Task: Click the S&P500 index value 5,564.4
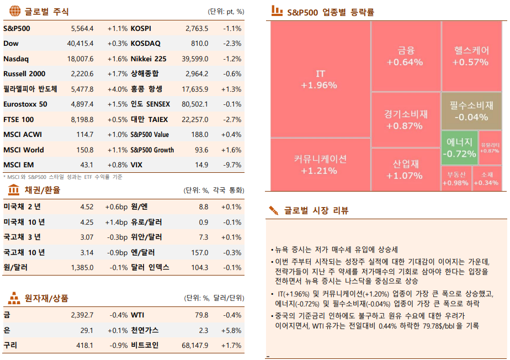pyautogui.click(x=82, y=28)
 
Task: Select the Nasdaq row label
pyautogui.click(x=16, y=59)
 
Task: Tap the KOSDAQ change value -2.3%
pyautogui.click(x=232, y=44)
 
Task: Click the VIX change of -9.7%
pyautogui.click(x=232, y=165)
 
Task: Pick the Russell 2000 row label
pyautogui.click(x=24, y=74)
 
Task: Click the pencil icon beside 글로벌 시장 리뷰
pyautogui.click(x=274, y=210)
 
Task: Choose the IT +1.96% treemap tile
pyautogui.click(x=320, y=80)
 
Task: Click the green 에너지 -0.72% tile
pyautogui.click(x=459, y=147)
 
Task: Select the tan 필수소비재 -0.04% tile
pyautogui.click(x=471, y=110)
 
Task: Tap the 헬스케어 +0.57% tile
pyautogui.click(x=471, y=56)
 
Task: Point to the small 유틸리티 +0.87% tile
pyautogui.click(x=490, y=147)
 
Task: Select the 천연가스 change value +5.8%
pyautogui.click(x=232, y=330)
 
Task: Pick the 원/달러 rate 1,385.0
pyautogui.click(x=82, y=268)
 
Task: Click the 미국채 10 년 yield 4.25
pyautogui.click(x=87, y=222)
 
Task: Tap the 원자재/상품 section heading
pyautogui.click(x=47, y=299)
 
